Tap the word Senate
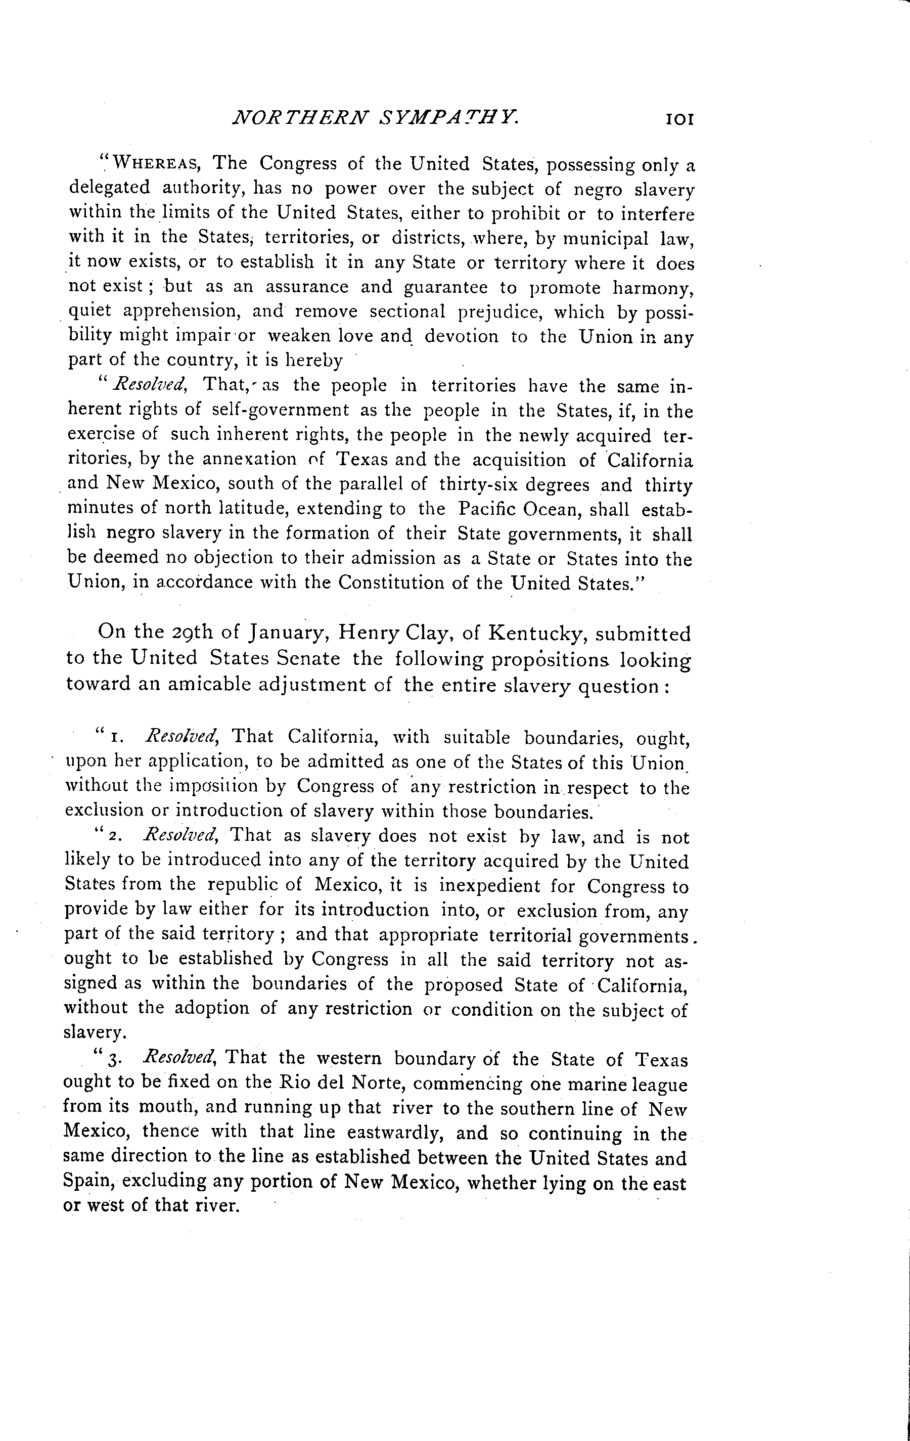(x=309, y=658)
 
